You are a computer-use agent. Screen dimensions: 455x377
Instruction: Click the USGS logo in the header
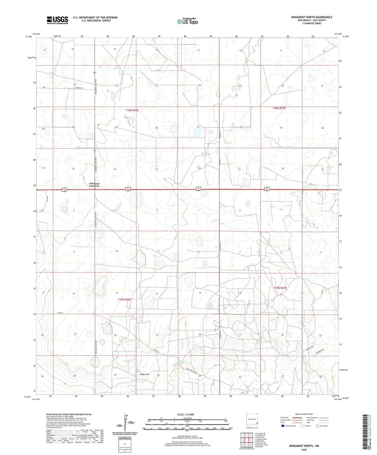coord(57,20)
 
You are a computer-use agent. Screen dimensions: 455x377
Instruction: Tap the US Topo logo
coord(187,21)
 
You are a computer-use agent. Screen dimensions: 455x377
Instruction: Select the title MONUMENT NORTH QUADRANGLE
coord(312,17)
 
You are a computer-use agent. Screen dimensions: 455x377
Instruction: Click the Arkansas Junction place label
coord(94,185)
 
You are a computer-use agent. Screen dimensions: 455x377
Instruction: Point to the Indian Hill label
coord(144,374)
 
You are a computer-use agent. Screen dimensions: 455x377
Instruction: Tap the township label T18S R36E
coord(132,110)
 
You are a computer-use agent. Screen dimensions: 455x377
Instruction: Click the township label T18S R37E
coord(279,108)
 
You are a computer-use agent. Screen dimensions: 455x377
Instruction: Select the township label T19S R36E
coord(124,299)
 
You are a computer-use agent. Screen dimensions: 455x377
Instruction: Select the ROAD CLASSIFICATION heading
coord(304,414)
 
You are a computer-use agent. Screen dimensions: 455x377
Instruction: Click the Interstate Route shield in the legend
coord(283,426)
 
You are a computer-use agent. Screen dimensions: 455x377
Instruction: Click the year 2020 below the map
coord(304,449)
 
